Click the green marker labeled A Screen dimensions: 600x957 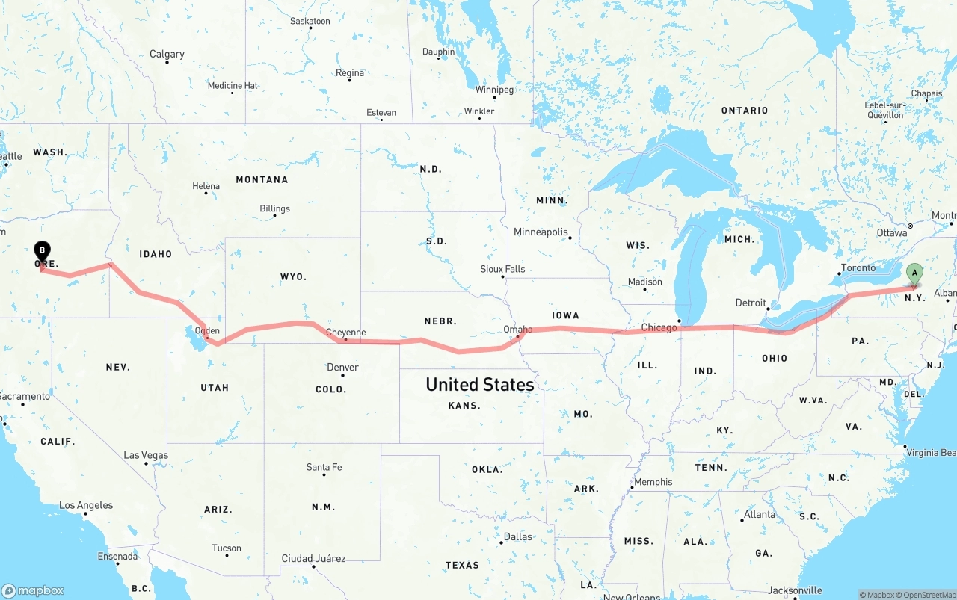pyautogui.click(x=914, y=274)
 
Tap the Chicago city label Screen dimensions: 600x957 pyautogui.click(x=659, y=328)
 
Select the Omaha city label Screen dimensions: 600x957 pyautogui.click(x=517, y=330)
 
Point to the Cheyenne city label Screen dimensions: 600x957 pyautogui.click(x=346, y=333)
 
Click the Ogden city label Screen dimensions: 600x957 pyautogui.click(x=207, y=330)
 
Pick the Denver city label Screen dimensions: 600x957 pyautogui.click(x=342, y=368)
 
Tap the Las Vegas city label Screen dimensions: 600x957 pyautogui.click(x=146, y=455)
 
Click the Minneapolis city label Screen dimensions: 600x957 pyautogui.click(x=541, y=232)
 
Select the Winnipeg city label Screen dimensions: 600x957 pyautogui.click(x=494, y=90)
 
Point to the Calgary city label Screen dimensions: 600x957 pyautogui.click(x=167, y=54)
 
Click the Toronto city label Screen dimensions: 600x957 pyautogui.click(x=858, y=267)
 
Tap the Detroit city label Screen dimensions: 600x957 pyautogui.click(x=751, y=303)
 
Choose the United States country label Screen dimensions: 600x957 pyautogui.click(x=479, y=385)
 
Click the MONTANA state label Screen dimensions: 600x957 pyautogui.click(x=262, y=179)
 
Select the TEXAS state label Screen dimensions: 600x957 pyautogui.click(x=462, y=565)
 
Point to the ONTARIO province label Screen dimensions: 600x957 pyautogui.click(x=744, y=111)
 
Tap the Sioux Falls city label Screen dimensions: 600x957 pyautogui.click(x=502, y=269)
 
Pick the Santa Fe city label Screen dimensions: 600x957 pyautogui.click(x=324, y=467)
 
